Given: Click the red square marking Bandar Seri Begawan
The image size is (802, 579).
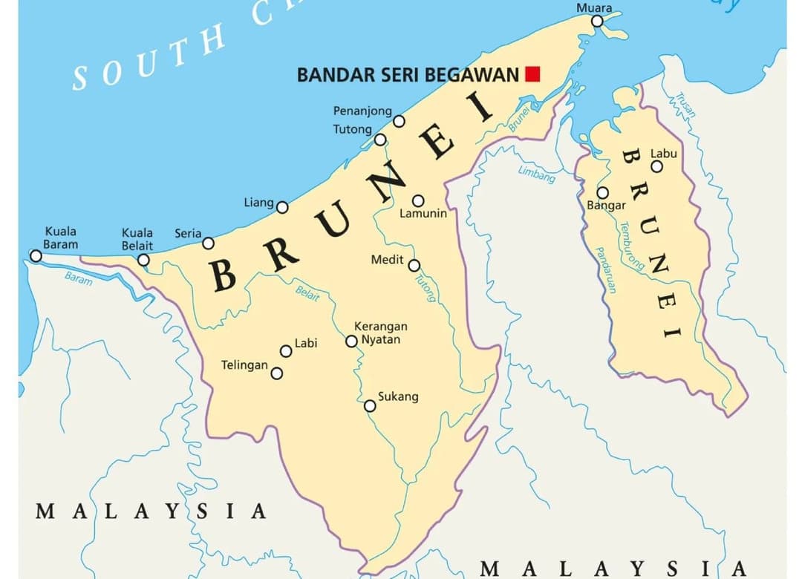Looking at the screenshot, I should [x=532, y=73].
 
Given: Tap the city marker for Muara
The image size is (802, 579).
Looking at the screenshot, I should [x=597, y=21].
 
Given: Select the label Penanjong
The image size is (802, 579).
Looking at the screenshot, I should [x=362, y=111].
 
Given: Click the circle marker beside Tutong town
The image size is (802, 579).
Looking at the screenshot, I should [x=380, y=140].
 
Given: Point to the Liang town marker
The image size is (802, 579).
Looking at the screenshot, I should [x=282, y=207].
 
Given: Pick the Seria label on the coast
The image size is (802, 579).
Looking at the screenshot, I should [x=188, y=233].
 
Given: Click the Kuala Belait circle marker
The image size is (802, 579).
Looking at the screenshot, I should [x=143, y=260].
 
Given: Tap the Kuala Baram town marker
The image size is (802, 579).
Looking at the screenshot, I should [x=36, y=256].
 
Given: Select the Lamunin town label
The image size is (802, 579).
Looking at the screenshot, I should [x=423, y=214].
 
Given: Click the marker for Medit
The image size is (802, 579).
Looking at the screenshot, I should [x=414, y=266].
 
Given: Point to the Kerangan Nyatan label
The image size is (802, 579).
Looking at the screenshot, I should [x=380, y=333].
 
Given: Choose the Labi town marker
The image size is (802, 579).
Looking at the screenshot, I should [x=286, y=351].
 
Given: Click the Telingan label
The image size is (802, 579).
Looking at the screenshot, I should [x=244, y=365].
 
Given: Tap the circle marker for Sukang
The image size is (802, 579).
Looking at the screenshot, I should [x=370, y=405].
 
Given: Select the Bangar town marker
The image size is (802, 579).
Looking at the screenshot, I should [x=603, y=193].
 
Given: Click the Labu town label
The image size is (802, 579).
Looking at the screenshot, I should [x=664, y=154].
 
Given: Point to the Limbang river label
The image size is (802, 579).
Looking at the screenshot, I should [x=536, y=174].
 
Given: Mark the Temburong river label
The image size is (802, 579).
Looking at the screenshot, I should [x=632, y=246].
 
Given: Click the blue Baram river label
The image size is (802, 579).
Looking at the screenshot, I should [x=78, y=278].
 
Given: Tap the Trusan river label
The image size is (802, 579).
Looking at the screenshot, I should [x=685, y=105].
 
